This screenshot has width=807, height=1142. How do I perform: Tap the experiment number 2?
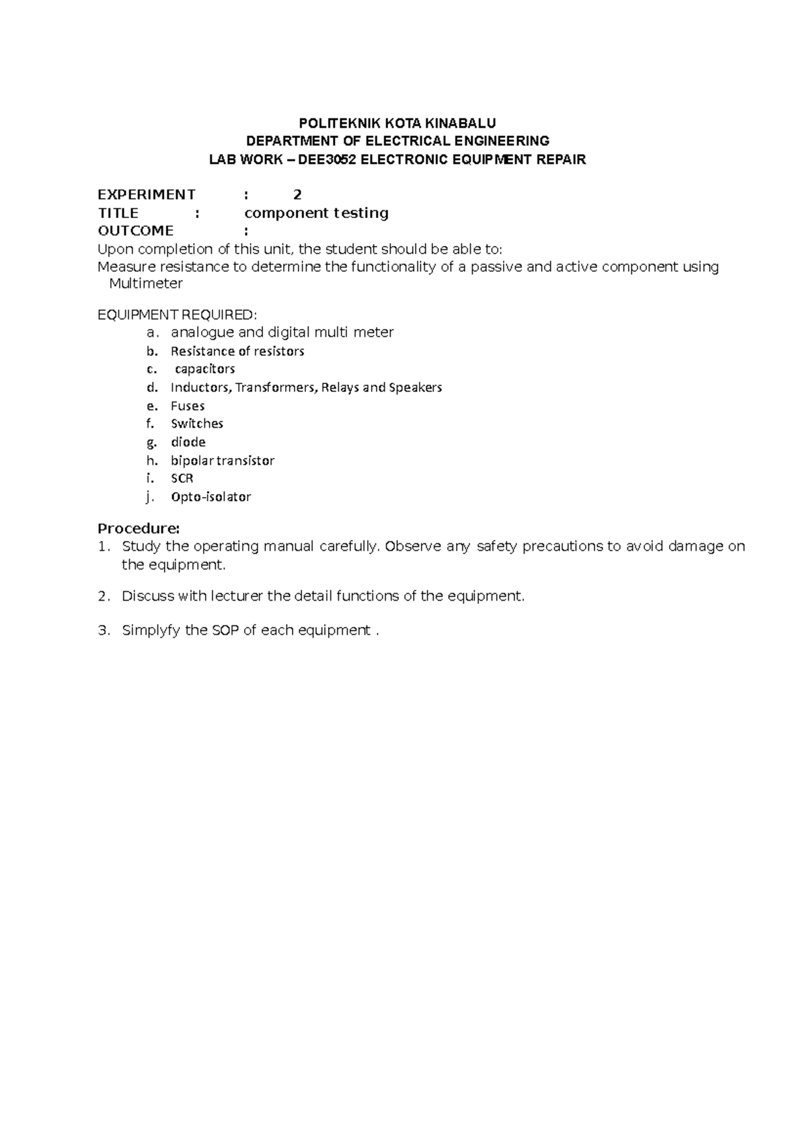pyautogui.click(x=297, y=195)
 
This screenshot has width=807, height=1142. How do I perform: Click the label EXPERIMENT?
pyautogui.click(x=147, y=195)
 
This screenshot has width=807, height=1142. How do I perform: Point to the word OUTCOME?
pyautogui.click(x=136, y=231)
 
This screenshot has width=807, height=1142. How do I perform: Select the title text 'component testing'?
pyautogui.click(x=316, y=213)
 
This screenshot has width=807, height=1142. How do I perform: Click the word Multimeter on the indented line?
pyautogui.click(x=146, y=284)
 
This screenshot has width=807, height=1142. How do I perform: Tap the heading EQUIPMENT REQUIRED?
pyautogui.click(x=178, y=315)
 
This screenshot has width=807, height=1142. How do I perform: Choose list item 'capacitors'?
pyautogui.click(x=204, y=369)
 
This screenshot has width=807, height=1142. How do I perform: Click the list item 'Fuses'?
pyautogui.click(x=188, y=406)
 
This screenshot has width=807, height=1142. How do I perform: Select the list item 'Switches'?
pyautogui.click(x=197, y=424)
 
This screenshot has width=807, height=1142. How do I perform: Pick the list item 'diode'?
pyautogui.click(x=188, y=443)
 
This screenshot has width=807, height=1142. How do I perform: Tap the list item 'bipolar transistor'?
pyautogui.click(x=223, y=461)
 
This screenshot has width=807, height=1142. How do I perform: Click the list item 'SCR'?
pyautogui.click(x=182, y=479)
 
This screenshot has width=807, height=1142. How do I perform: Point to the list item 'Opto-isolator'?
pyautogui.click(x=210, y=497)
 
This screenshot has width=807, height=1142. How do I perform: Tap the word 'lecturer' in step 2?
pyautogui.click(x=237, y=596)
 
